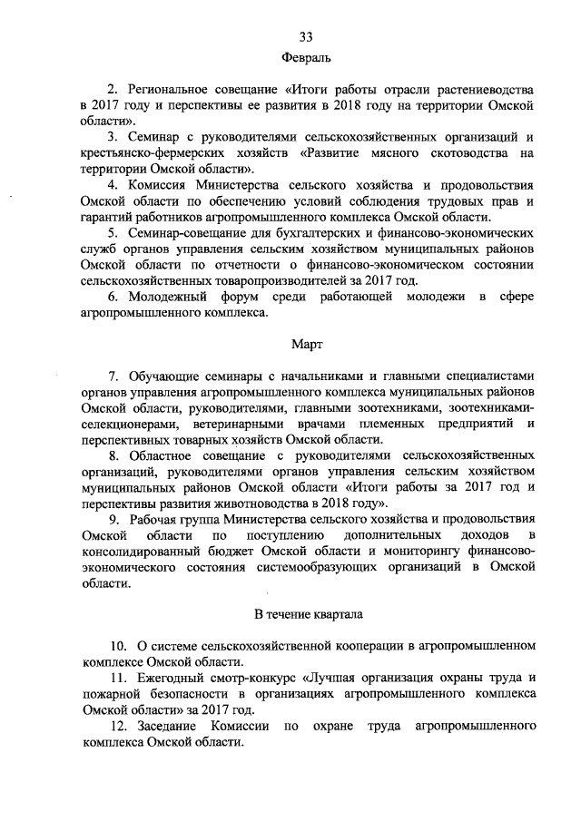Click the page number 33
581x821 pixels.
(x=306, y=36)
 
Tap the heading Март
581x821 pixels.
(x=306, y=345)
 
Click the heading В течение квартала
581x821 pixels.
(x=306, y=615)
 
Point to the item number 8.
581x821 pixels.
(x=112, y=454)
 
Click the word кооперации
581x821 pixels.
(x=341, y=646)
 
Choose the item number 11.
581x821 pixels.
(x=115, y=678)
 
